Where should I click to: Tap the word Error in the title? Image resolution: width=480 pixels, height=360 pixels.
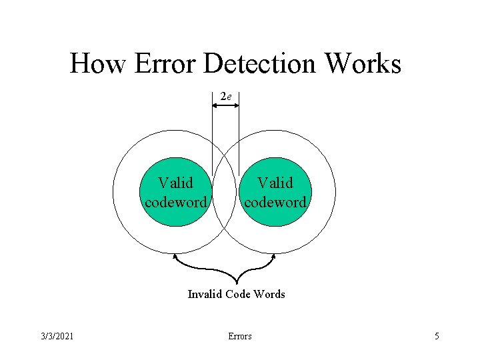coord(165,64)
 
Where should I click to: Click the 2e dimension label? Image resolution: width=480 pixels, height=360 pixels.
coord(226,97)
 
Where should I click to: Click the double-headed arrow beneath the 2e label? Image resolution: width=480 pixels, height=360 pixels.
coord(225,105)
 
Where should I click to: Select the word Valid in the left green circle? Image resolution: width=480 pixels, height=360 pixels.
coord(175,183)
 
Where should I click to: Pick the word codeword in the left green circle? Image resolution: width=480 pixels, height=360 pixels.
coord(176,202)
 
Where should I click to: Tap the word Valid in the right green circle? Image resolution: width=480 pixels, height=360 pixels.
coord(275,183)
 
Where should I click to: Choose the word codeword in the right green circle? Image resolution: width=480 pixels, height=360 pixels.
coord(275,202)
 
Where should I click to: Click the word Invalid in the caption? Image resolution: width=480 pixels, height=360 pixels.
coord(205,294)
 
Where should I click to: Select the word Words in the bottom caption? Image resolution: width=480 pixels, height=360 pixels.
coord(270,294)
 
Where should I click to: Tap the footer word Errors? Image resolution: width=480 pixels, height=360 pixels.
coord(240,336)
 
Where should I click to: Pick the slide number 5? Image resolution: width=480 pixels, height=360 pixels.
coord(437,336)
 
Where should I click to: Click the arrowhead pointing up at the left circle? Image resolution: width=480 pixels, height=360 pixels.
coord(175,256)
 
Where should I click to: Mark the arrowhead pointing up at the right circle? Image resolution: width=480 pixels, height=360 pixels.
coord(275,256)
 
